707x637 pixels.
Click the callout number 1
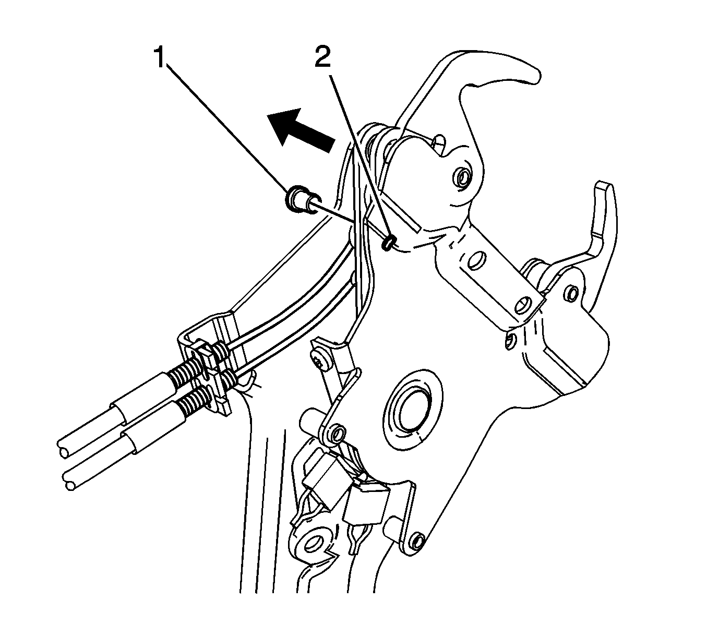pos(160,57)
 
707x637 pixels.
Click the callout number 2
pos(323,57)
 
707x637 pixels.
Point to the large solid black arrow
pos(299,130)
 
